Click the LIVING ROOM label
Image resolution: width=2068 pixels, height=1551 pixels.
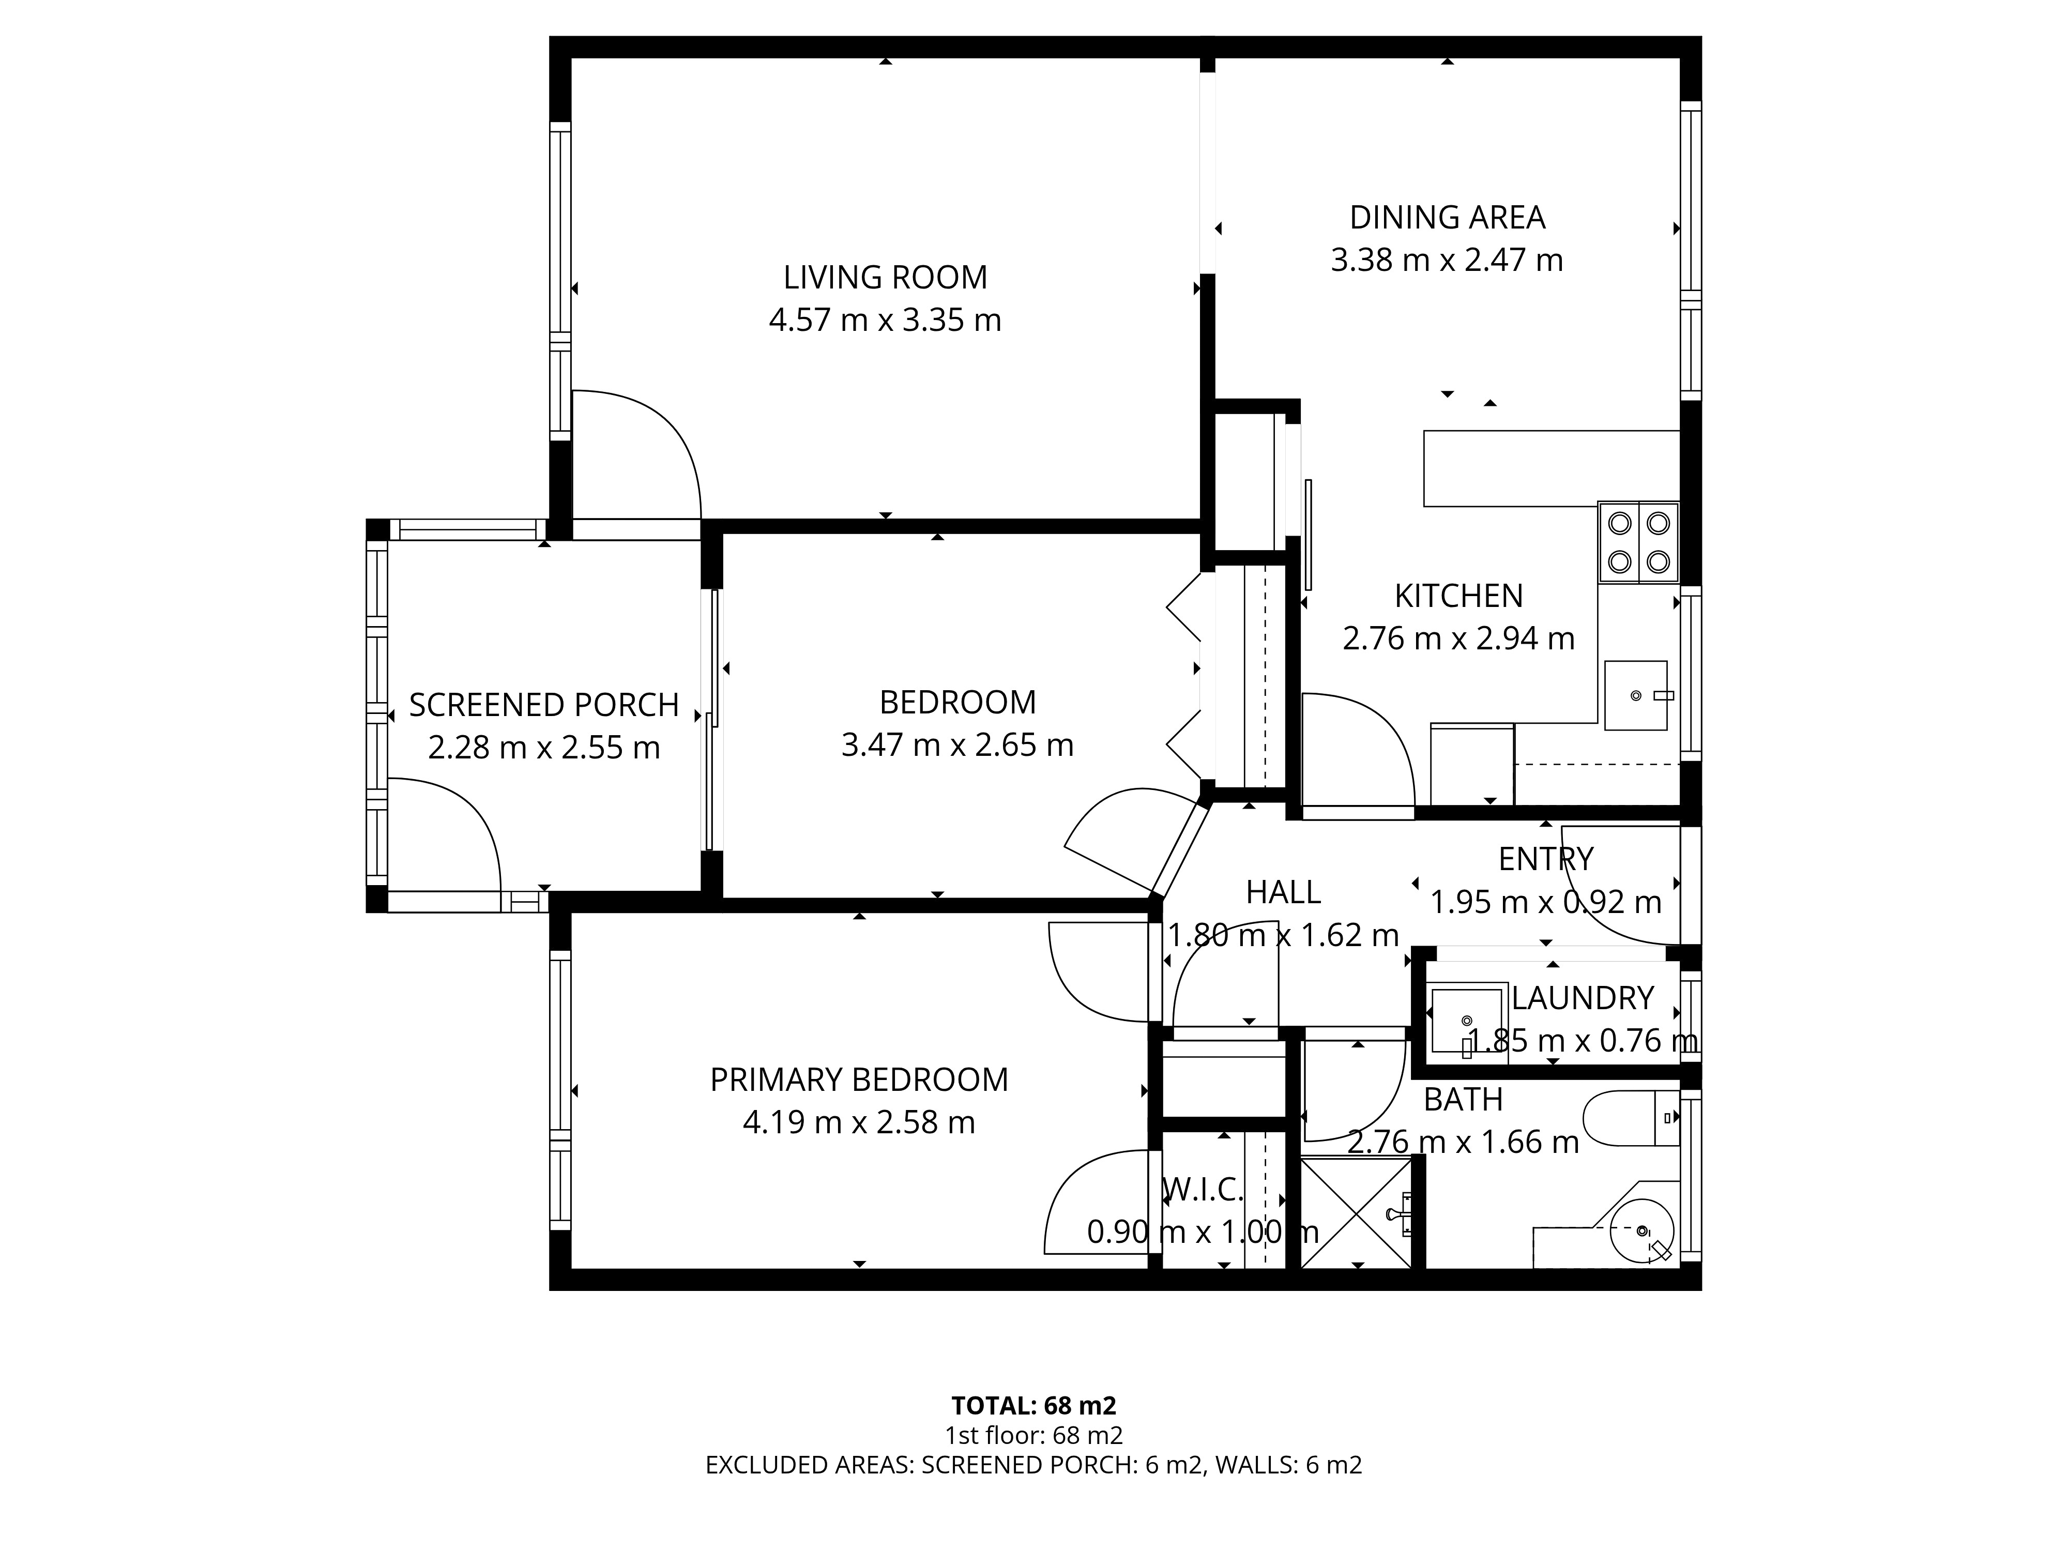(885, 278)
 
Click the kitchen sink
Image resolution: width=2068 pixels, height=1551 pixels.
(1636, 695)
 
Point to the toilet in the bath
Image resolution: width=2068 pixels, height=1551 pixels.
(1632, 1118)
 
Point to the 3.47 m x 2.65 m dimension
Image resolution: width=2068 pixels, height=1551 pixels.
(957, 745)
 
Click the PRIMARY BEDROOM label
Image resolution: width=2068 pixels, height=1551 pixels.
(859, 1080)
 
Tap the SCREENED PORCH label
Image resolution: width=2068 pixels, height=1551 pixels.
(544, 705)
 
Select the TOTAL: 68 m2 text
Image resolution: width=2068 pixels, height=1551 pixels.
(1034, 1406)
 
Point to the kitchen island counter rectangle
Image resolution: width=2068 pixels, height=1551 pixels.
(1552, 468)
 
